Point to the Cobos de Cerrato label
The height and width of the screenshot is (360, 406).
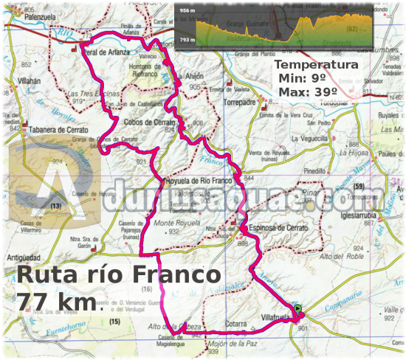[x=149, y=122]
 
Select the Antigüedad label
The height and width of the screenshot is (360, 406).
[x=26, y=257]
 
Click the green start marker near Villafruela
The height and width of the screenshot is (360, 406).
[x=297, y=309]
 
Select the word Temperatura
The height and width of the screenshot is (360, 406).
[x=317, y=64]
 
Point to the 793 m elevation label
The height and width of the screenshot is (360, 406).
[x=188, y=41]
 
